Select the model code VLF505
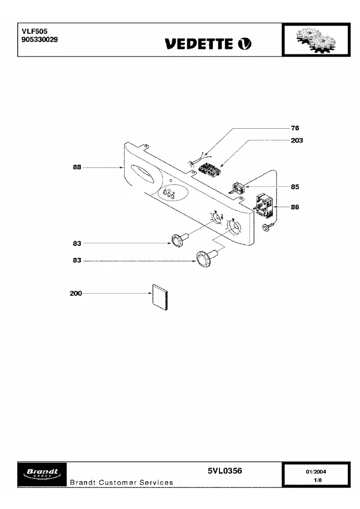click(x=35, y=31)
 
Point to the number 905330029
click(x=40, y=40)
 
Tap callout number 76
click(x=295, y=128)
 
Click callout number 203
click(x=297, y=140)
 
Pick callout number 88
click(x=77, y=167)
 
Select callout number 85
click(x=295, y=187)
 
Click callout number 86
click(x=295, y=207)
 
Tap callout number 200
click(x=76, y=293)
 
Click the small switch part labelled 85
click(x=238, y=188)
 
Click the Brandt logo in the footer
click(x=42, y=474)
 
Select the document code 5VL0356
click(x=225, y=471)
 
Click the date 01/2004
click(x=316, y=472)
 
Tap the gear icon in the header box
click(x=316, y=40)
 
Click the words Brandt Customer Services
click(x=121, y=483)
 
